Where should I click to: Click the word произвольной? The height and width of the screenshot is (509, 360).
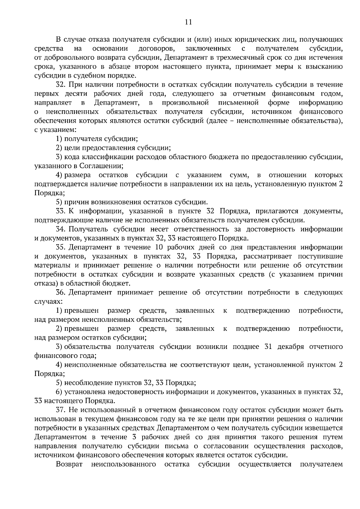coord(185,103)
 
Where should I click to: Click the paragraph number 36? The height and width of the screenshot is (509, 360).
coord(61,292)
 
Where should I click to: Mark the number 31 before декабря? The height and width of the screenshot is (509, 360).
coord(268,347)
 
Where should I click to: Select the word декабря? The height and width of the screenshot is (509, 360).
coord(291,347)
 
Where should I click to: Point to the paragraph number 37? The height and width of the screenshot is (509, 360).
coord(61,410)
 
